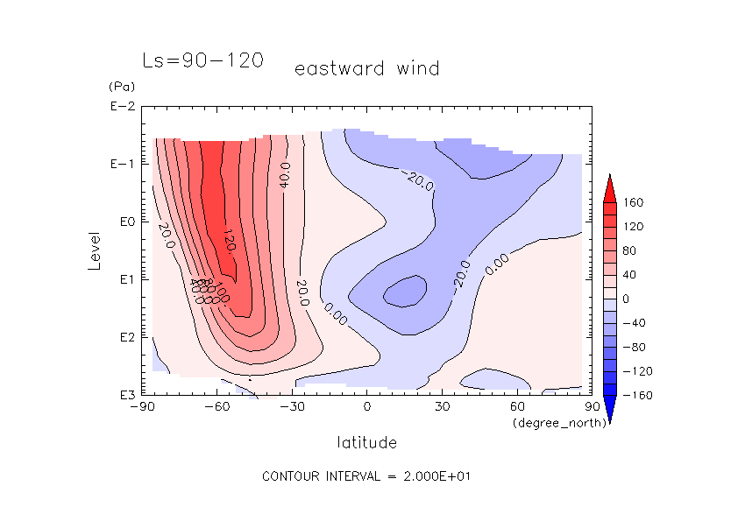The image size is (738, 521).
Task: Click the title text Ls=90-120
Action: [202, 60]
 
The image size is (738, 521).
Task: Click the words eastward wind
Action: [366, 68]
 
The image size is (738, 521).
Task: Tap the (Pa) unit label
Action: [119, 87]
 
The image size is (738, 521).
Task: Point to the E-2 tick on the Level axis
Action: [122, 107]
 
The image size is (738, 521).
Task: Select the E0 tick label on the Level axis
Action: [124, 222]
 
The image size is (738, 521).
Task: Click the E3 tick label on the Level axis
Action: [124, 395]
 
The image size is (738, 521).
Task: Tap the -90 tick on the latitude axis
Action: [141, 407]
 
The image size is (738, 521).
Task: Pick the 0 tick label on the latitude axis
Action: [367, 407]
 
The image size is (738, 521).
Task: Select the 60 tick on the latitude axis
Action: [516, 407]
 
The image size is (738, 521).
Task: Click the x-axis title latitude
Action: [366, 443]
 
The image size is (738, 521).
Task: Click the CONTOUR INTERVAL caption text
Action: [368, 476]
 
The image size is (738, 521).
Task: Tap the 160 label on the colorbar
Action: [633, 203]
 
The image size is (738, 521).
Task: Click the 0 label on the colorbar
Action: [627, 299]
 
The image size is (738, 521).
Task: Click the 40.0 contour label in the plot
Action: [284, 174]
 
